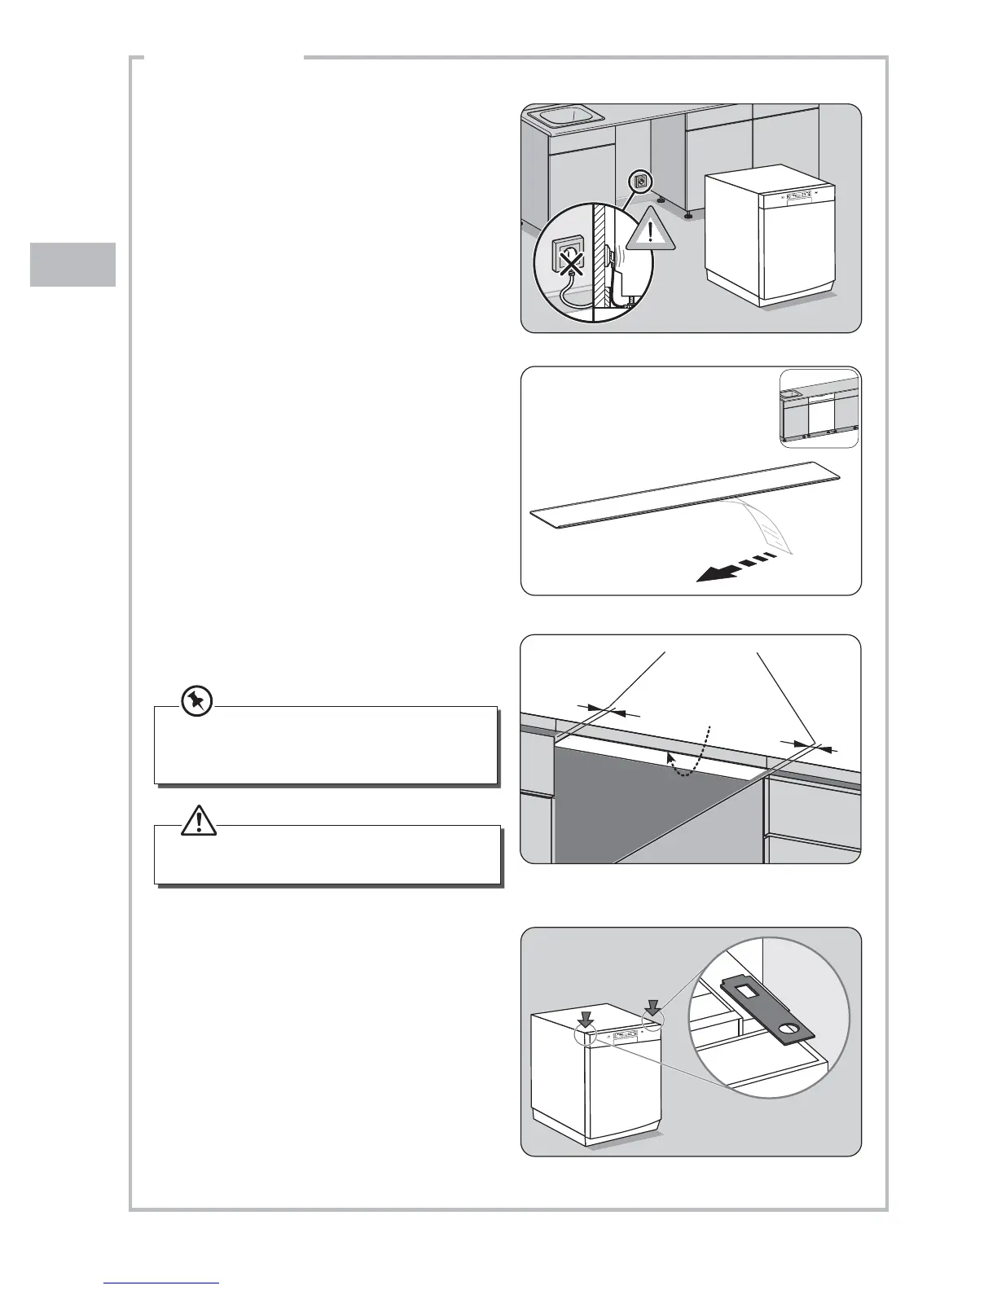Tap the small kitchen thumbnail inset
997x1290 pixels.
point(819,408)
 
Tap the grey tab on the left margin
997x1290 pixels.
point(73,265)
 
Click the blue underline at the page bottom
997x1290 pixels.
point(162,1283)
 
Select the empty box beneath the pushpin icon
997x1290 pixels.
point(326,745)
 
